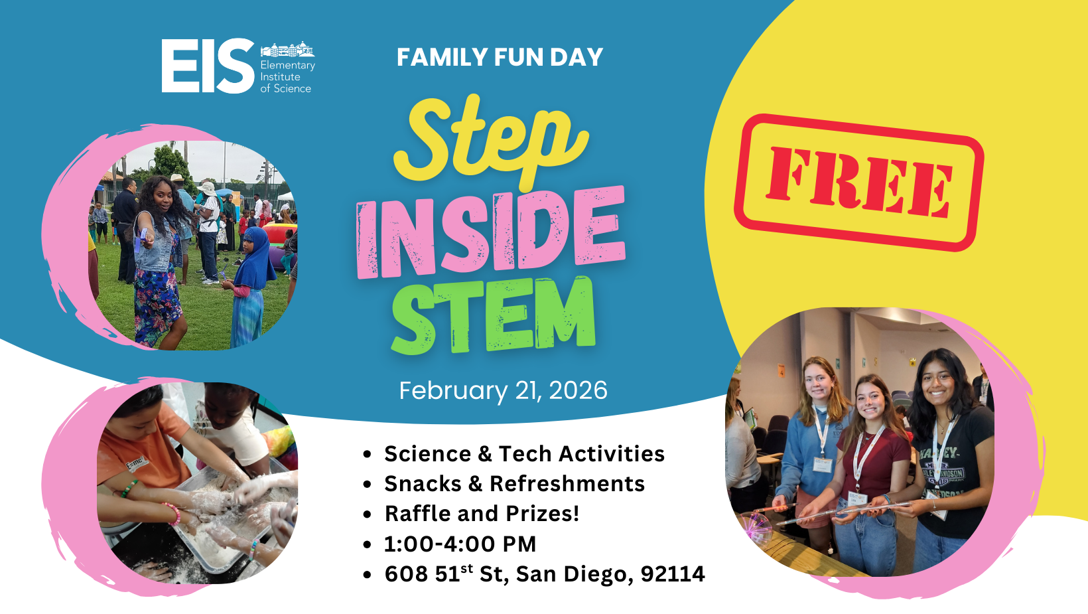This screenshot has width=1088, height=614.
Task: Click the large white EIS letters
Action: tap(208, 66)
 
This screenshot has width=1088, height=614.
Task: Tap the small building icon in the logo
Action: tap(287, 50)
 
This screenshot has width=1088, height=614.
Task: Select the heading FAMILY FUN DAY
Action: tap(500, 57)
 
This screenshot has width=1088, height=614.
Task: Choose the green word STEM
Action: tap(494, 315)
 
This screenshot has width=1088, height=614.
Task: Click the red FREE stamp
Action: tap(858, 183)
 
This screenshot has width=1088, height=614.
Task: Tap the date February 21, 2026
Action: tap(503, 390)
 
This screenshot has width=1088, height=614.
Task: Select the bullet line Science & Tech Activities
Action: tap(524, 454)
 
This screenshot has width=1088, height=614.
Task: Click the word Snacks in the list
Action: tap(423, 484)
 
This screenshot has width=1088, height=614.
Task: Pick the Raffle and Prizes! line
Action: tap(482, 514)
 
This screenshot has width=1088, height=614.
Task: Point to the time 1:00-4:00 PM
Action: tap(460, 544)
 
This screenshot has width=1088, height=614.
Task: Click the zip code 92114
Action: tap(673, 574)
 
